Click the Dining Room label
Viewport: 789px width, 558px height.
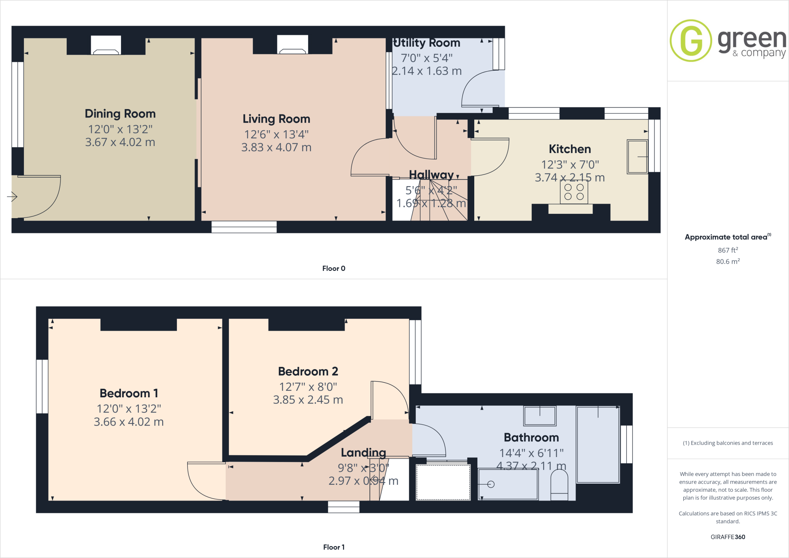pos(120,114)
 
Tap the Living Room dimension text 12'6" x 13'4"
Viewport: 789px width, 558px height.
pos(276,134)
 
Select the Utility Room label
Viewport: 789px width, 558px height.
pos(427,43)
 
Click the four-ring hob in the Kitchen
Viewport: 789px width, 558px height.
pos(574,192)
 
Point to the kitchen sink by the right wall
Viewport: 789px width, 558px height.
pos(637,156)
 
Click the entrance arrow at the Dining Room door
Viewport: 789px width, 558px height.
pos(12,197)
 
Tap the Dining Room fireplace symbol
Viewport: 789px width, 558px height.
pos(106,45)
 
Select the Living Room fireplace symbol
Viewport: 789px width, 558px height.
pos(292,45)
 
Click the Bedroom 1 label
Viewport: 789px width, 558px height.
pos(129,393)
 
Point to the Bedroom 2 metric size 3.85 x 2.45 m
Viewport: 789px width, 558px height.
pos(308,400)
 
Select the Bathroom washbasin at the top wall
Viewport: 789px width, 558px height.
pos(540,416)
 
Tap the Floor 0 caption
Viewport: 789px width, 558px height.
pos(334,269)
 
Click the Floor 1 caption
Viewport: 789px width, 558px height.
pos(334,547)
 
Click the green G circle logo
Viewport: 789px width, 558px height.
pos(691,40)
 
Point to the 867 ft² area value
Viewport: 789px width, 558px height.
pos(728,250)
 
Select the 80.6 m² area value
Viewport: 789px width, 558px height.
pos(728,262)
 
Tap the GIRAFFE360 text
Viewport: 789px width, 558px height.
pos(728,537)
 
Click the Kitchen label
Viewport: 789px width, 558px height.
pos(570,149)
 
